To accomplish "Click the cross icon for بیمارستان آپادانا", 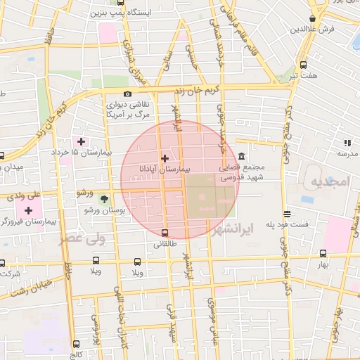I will click(x=165, y=158).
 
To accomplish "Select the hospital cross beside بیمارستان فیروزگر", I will click(x=29, y=210).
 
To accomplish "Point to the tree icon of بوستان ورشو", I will click(x=104, y=199).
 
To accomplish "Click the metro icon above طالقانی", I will click(x=165, y=233).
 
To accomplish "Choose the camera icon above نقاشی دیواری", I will click(x=128, y=94).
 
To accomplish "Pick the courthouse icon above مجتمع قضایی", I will click(x=242, y=156).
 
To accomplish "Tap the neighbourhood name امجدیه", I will click(x=328, y=181).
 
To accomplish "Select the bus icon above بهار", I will click(x=323, y=254).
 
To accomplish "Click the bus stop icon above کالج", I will click(x=76, y=344).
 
